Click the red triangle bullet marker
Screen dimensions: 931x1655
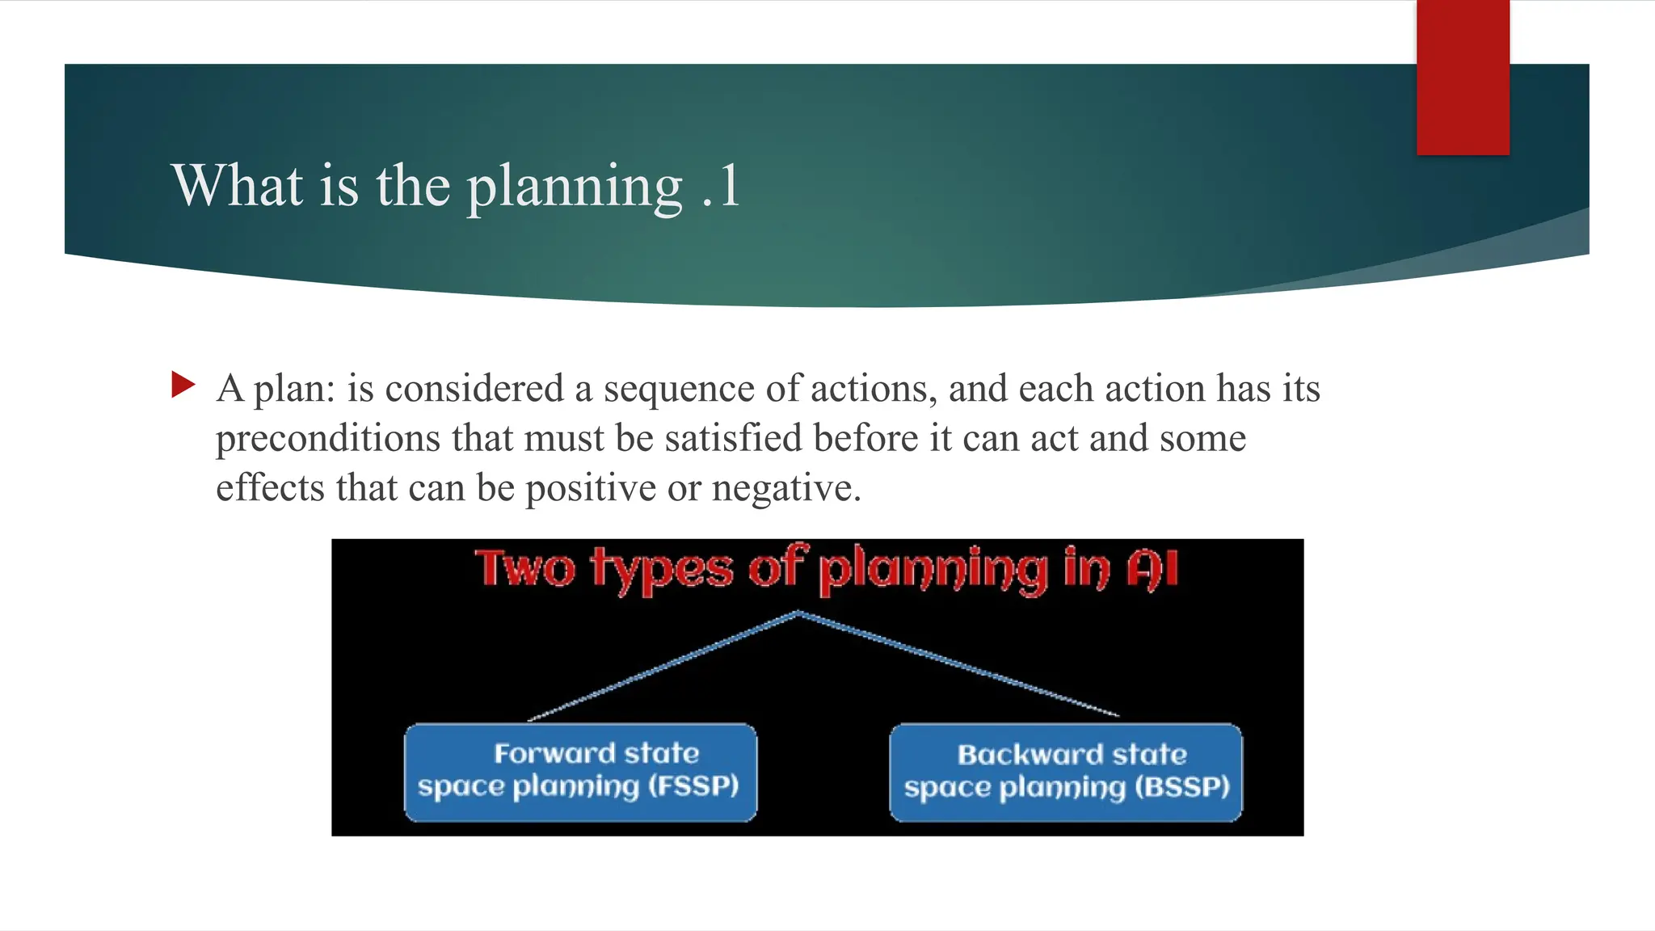click(183, 385)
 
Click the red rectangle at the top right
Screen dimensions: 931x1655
click(1463, 77)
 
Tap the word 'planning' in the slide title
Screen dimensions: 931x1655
click(575, 187)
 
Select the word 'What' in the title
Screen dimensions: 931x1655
click(238, 186)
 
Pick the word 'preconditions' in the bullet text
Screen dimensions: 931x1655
click(328, 439)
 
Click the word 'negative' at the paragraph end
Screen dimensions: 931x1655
click(781, 488)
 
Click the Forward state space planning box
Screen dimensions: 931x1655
click(580, 772)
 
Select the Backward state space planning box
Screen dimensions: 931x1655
click(1065, 772)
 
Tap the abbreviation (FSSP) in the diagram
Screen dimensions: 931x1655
click(693, 786)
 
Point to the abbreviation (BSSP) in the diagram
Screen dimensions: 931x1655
click(1181, 787)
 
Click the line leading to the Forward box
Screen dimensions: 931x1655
click(663, 667)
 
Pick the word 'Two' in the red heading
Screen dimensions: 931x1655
click(525, 568)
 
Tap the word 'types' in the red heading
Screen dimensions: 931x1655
click(662, 571)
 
